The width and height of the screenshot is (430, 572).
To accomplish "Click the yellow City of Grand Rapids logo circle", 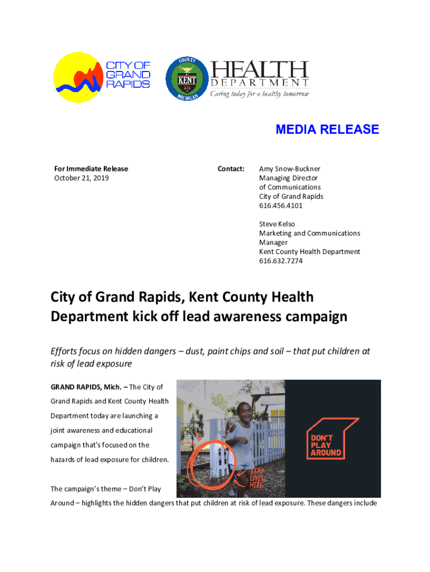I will coord(78,78).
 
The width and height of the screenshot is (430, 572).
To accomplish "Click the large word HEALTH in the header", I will coord(259,70).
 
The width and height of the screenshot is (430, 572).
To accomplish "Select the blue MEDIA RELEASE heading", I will coord(327,130).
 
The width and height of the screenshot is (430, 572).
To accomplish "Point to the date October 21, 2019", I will coord(81,178).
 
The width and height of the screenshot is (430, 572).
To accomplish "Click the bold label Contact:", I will coord(231,169).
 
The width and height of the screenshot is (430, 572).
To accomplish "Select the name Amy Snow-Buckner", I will coord(289,169).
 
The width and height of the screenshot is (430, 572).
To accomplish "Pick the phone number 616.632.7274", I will coord(281,261).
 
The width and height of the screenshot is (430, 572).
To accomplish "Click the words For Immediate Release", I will coord(90,169).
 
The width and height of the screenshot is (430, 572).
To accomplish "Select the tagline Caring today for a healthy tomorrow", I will coord(259,94).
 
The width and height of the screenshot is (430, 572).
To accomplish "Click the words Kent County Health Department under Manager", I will coord(309,252).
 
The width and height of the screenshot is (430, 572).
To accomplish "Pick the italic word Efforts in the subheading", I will coord(64,351).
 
